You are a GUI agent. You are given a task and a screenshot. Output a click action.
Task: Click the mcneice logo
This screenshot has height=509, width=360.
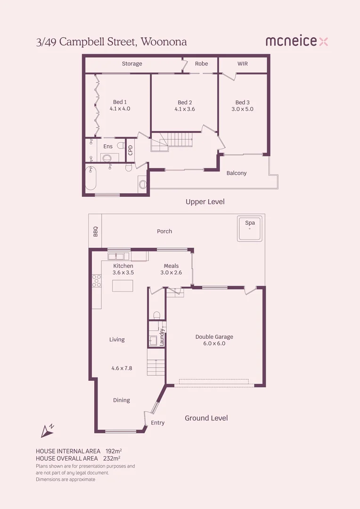click(x=296, y=41)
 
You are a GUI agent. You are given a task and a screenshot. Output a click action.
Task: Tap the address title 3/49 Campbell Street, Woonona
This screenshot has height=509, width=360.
click(x=111, y=42)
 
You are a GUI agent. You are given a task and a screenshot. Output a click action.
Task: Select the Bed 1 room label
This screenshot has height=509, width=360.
click(x=120, y=102)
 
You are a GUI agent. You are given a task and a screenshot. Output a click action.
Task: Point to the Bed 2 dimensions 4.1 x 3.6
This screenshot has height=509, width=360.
click(x=185, y=109)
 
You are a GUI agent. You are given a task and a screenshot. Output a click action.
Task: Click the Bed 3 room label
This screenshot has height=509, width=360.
click(x=243, y=102)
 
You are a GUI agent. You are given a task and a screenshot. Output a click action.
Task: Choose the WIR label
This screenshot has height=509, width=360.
click(x=243, y=64)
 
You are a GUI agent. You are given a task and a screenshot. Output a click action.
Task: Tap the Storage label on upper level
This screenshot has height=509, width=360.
click(x=132, y=64)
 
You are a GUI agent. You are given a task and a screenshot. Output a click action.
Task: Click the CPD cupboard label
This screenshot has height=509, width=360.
click(x=131, y=150)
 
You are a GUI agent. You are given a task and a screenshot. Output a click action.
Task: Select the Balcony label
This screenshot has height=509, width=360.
click(x=237, y=173)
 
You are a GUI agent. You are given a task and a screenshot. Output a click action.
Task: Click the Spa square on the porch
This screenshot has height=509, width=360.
click(x=249, y=230)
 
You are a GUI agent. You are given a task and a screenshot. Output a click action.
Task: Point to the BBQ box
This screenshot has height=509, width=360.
click(x=95, y=231)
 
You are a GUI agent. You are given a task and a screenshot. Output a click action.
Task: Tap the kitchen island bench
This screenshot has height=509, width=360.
click(x=123, y=286)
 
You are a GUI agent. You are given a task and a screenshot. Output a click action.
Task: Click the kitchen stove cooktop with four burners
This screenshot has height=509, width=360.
click(x=97, y=281)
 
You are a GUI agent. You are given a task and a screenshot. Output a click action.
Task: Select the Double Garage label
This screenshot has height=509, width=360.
click(x=214, y=337)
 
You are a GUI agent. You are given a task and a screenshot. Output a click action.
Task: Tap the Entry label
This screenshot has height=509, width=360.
click(x=158, y=423)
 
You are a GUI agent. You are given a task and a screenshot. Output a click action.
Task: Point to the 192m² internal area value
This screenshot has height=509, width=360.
click(x=114, y=451)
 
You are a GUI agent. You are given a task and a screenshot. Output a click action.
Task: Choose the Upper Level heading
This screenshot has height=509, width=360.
click(x=205, y=202)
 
